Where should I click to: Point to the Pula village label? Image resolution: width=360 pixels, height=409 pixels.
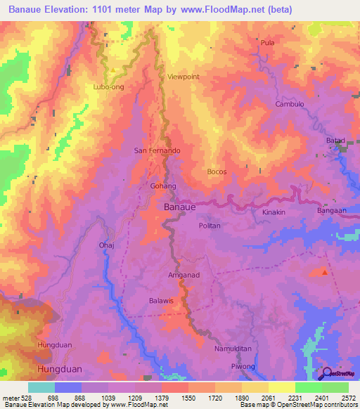(267, 43)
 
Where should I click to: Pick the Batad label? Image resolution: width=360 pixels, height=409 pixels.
(335, 141)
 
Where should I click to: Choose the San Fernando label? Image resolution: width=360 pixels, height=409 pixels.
(157, 151)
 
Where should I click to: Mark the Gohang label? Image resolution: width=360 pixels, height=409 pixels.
(162, 186)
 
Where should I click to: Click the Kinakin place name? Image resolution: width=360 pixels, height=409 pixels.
(274, 212)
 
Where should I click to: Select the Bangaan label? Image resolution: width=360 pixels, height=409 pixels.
(330, 210)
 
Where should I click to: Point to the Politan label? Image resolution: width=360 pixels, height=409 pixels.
(210, 226)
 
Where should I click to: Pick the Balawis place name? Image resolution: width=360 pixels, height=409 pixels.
(161, 301)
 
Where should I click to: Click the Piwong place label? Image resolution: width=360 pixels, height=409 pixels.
(243, 366)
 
